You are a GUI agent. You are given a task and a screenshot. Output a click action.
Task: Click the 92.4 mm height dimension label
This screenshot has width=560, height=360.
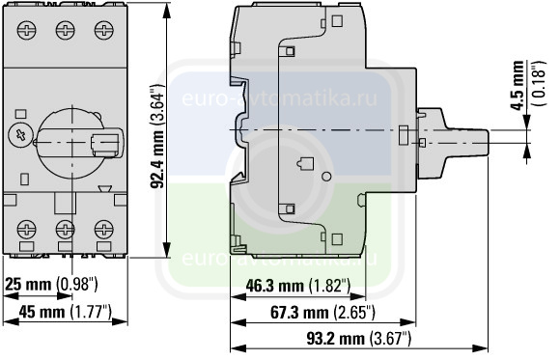(157, 136)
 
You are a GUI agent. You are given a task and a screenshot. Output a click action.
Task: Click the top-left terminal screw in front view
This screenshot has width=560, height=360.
(27, 30)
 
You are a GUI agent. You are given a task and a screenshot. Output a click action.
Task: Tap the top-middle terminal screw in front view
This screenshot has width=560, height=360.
(66, 30)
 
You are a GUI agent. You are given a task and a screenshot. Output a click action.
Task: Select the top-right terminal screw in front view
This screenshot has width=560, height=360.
(104, 30)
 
